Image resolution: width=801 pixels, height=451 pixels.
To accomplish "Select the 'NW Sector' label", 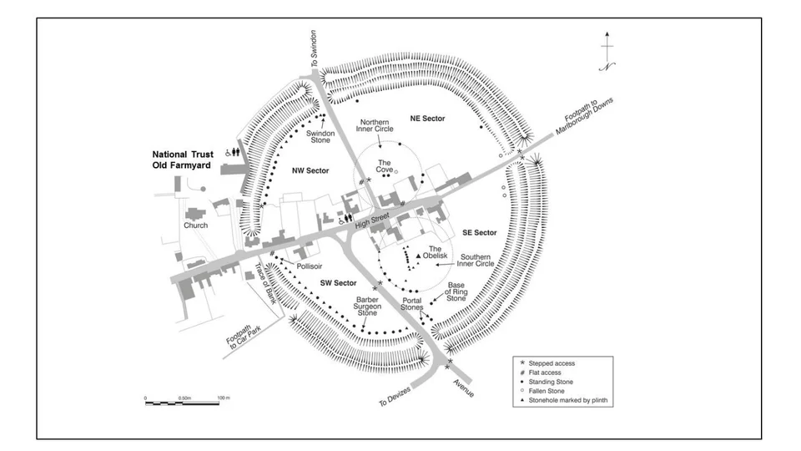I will point(310,170).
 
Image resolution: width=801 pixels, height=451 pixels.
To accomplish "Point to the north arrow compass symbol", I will point(608,52).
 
